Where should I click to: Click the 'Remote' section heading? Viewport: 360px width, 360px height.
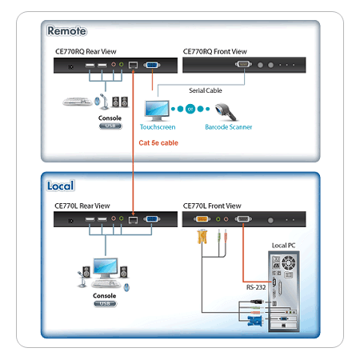click(x=66, y=30)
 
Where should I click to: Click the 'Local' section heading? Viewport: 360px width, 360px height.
click(x=60, y=186)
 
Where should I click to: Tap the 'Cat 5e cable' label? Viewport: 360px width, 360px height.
click(x=158, y=143)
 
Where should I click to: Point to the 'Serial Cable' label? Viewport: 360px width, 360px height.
click(x=206, y=90)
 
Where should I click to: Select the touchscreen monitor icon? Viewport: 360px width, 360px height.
click(x=157, y=111)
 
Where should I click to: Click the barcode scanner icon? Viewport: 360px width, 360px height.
click(x=226, y=112)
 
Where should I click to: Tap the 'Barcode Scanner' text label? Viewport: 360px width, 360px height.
click(x=229, y=127)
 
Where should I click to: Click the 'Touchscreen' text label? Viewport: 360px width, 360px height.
click(x=158, y=127)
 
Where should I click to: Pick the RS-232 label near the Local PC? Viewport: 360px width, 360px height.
click(x=256, y=287)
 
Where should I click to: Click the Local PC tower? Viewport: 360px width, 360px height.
click(x=284, y=291)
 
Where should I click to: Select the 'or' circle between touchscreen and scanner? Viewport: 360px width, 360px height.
click(x=190, y=109)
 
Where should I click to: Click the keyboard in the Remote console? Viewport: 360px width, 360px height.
click(x=78, y=102)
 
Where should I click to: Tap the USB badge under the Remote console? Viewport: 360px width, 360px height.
click(x=110, y=126)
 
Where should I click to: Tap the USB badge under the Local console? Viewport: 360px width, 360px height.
click(x=105, y=304)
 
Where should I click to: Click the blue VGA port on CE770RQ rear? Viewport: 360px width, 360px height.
click(x=152, y=65)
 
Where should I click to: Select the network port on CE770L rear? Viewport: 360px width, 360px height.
click(x=133, y=220)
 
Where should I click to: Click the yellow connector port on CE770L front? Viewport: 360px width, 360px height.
click(x=202, y=219)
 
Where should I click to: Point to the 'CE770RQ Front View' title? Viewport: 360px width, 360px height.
click(x=214, y=51)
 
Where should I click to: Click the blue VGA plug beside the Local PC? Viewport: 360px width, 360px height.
click(x=255, y=321)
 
